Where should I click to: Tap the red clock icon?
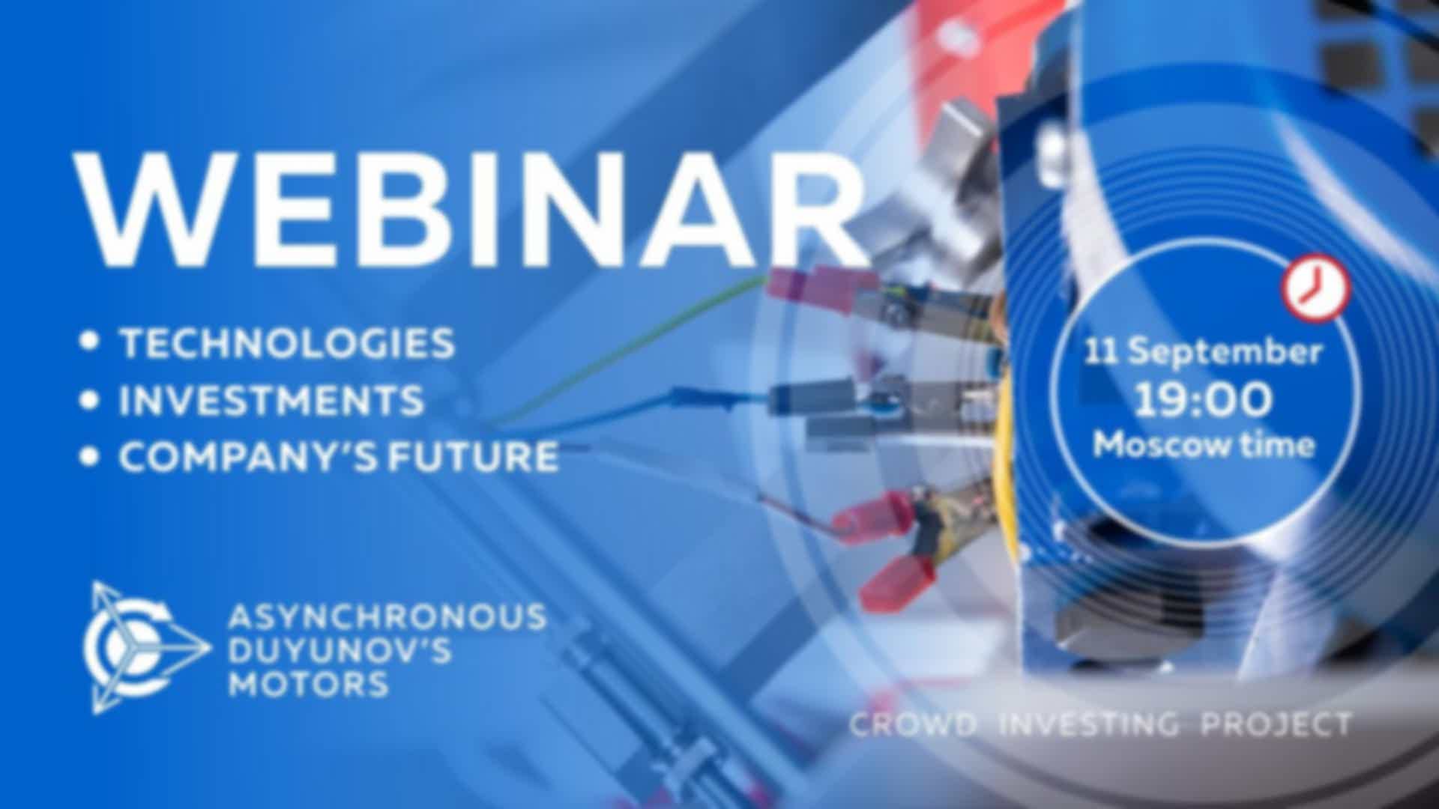pos(1316,289)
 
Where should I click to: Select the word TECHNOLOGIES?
pos(288,343)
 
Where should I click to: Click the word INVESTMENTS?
pos(271,400)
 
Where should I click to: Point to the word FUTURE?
pos(474,457)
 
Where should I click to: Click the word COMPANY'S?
pos(246,457)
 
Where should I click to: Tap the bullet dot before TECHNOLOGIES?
pos(90,342)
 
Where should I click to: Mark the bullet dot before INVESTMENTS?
pos(90,400)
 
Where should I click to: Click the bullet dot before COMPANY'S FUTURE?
pos(90,457)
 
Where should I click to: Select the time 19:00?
pos(1203,399)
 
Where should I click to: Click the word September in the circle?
pos(1225,353)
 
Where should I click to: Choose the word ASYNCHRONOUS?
pos(387,617)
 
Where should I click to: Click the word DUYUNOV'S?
pos(340,650)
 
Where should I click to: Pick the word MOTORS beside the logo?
pos(308,683)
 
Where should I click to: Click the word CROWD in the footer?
pos(913,724)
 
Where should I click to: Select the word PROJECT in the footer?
pos(1276,724)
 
